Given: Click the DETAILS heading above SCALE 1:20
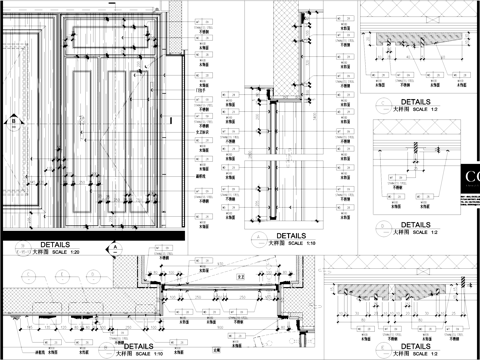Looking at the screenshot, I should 56,244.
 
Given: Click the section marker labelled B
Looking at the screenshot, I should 10,125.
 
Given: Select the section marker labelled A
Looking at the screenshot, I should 116,247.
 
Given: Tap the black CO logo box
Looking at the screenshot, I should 469,184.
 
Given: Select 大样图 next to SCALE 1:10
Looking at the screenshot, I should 126,353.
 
